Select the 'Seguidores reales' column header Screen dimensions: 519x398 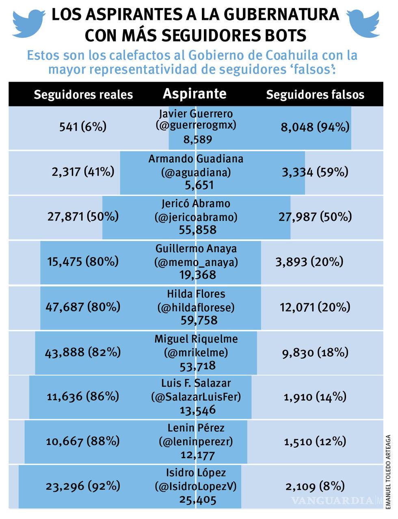(83, 95)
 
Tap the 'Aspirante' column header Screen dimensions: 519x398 (195, 94)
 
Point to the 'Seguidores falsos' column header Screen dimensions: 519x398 (315, 95)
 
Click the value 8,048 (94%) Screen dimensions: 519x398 (315, 127)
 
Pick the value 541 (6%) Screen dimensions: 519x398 (83, 127)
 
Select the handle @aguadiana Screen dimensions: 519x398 (196, 172)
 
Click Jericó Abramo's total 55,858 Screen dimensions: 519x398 (197, 230)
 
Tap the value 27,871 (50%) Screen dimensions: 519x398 (83, 216)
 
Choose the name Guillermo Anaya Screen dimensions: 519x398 (196, 249)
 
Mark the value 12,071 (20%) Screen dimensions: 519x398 (315, 307)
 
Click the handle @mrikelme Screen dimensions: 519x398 (196, 353)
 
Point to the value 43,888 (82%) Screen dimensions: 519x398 (83, 352)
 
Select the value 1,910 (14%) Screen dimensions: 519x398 (315, 396)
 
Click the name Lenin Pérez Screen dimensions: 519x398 (196, 428)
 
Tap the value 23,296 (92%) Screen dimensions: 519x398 (83, 486)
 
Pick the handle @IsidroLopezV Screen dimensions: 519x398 (196, 486)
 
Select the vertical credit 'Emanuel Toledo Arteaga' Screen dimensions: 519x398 (388, 471)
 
